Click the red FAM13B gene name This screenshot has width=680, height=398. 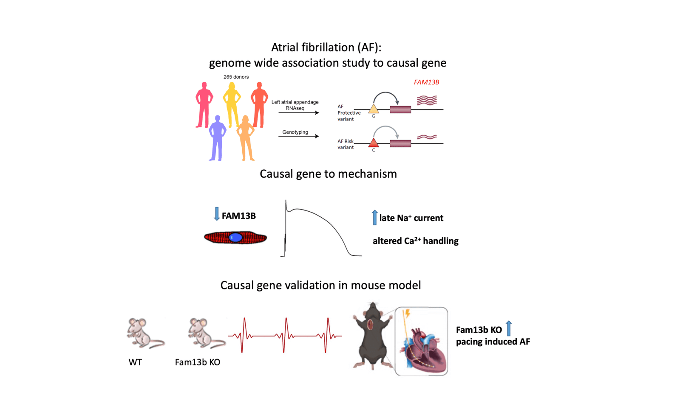426,82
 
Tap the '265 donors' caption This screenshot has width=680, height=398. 236,77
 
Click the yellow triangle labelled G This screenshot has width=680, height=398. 373,109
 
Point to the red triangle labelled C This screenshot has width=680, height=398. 373,143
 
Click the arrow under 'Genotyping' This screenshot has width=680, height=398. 299,136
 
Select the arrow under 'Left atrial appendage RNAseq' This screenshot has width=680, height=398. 299,113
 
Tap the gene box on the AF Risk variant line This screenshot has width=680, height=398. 400,143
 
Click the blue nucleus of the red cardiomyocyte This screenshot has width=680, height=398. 235,238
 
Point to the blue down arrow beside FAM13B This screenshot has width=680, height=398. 217,214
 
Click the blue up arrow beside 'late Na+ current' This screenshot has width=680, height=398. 374,217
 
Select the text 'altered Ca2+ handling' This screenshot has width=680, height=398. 415,241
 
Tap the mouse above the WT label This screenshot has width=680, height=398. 143,334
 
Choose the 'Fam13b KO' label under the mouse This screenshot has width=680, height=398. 198,362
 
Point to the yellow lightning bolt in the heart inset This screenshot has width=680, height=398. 407,314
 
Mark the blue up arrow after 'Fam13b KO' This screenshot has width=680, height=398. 509,328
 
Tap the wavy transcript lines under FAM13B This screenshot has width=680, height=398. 427,100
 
